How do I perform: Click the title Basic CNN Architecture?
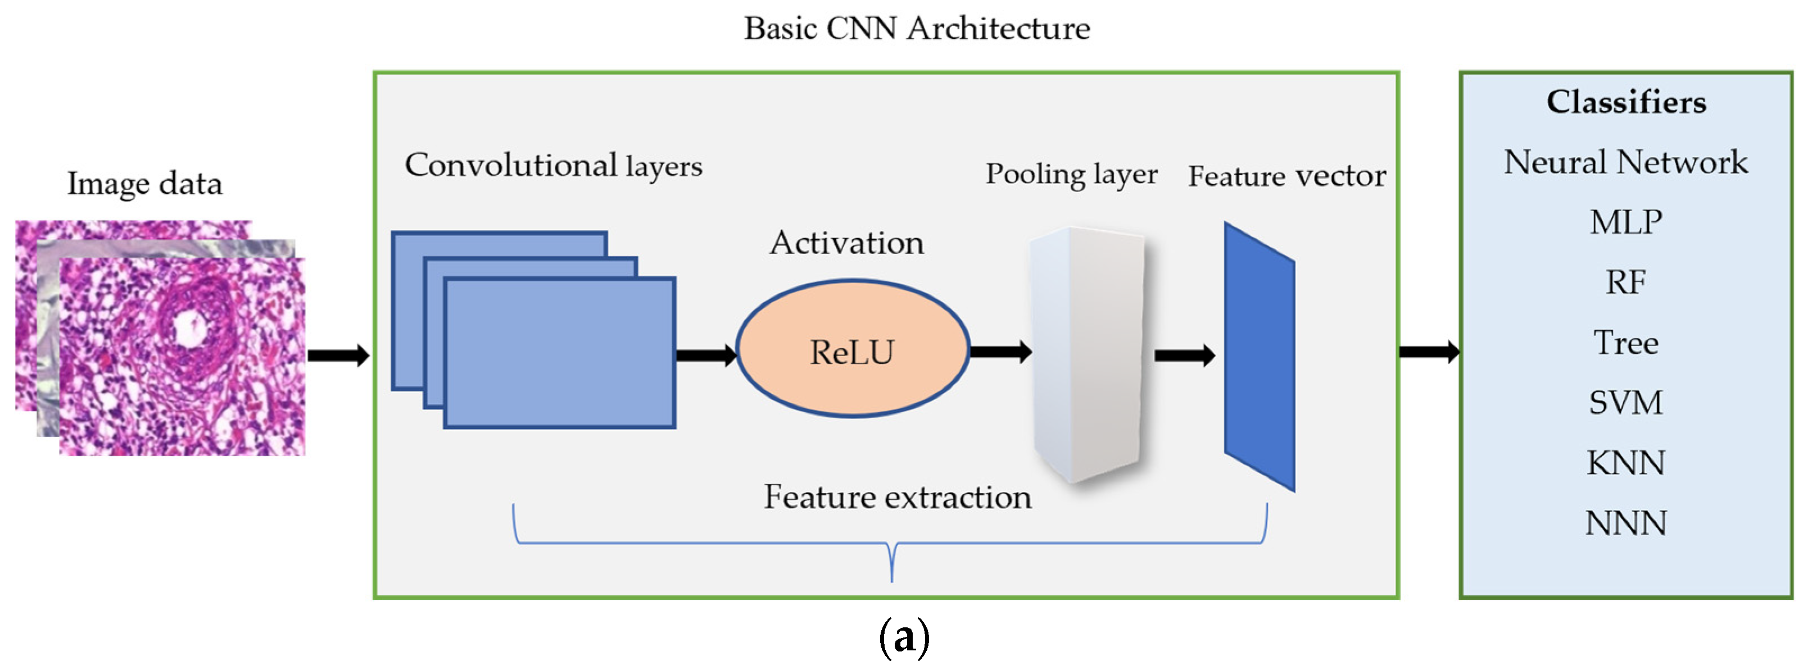tap(916, 29)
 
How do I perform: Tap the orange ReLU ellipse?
tap(853, 350)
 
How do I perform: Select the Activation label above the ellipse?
tap(846, 243)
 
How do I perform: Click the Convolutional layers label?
tap(553, 166)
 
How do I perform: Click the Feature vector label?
tap(1286, 176)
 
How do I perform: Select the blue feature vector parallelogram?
tap(1259, 357)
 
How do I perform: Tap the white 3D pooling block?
tap(1087, 353)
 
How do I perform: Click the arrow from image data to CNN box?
tap(338, 355)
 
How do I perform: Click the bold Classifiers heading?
tap(1626, 102)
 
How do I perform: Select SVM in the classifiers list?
tap(1625, 403)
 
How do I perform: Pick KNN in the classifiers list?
tap(1625, 463)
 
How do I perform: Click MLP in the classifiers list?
tap(1625, 222)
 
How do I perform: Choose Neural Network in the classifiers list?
tap(1625, 162)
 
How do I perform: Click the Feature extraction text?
tap(898, 497)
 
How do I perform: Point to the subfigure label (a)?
tap(904, 637)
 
